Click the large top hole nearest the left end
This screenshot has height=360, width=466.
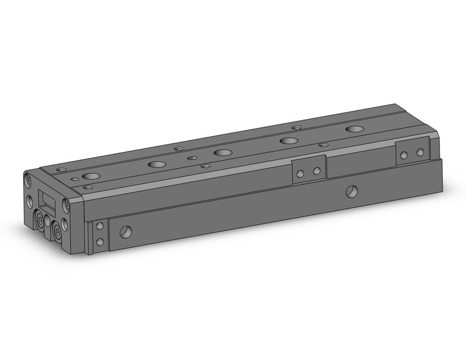tap(90, 176)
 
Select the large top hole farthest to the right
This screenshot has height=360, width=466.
tap(354, 129)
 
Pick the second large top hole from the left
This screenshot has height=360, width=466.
tap(158, 164)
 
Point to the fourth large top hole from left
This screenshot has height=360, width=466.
tap(288, 140)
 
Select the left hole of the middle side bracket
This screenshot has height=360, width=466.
tap(300, 174)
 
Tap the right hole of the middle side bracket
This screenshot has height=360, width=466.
tap(317, 171)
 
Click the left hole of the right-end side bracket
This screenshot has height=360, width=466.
tap(403, 155)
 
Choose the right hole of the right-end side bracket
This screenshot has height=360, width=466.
tap(421, 151)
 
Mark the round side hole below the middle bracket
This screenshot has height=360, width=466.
tap(351, 192)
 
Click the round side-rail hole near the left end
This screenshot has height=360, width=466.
tap(125, 232)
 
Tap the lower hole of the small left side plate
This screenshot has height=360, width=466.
tap(100, 242)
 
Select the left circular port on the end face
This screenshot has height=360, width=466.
tap(41, 221)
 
